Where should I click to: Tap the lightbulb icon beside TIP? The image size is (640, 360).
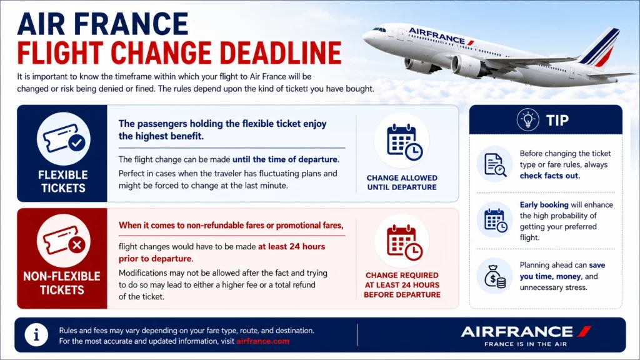click(527, 120)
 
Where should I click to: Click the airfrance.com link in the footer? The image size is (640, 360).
click(263, 341)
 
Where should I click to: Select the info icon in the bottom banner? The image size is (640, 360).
click(36, 335)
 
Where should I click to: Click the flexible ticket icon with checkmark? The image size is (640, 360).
click(64, 139)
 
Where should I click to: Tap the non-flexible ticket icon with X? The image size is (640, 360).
click(64, 241)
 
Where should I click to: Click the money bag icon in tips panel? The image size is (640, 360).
click(495, 276)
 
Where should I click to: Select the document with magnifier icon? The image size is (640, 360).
click(495, 165)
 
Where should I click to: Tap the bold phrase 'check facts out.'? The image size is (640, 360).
click(550, 176)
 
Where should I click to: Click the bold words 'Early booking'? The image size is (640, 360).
click(544, 205)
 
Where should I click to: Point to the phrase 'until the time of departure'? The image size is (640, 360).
click(285, 159)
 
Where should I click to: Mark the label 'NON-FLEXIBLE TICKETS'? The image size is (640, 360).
click(62, 283)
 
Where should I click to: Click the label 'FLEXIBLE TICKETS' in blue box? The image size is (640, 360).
click(63, 181)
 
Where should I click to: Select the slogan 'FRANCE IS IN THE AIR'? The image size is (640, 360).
click(526, 344)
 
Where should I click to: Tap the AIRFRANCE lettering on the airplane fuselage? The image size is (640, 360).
click(437, 36)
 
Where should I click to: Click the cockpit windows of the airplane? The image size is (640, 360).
click(379, 29)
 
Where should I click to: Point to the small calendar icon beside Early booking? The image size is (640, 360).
click(495, 221)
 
